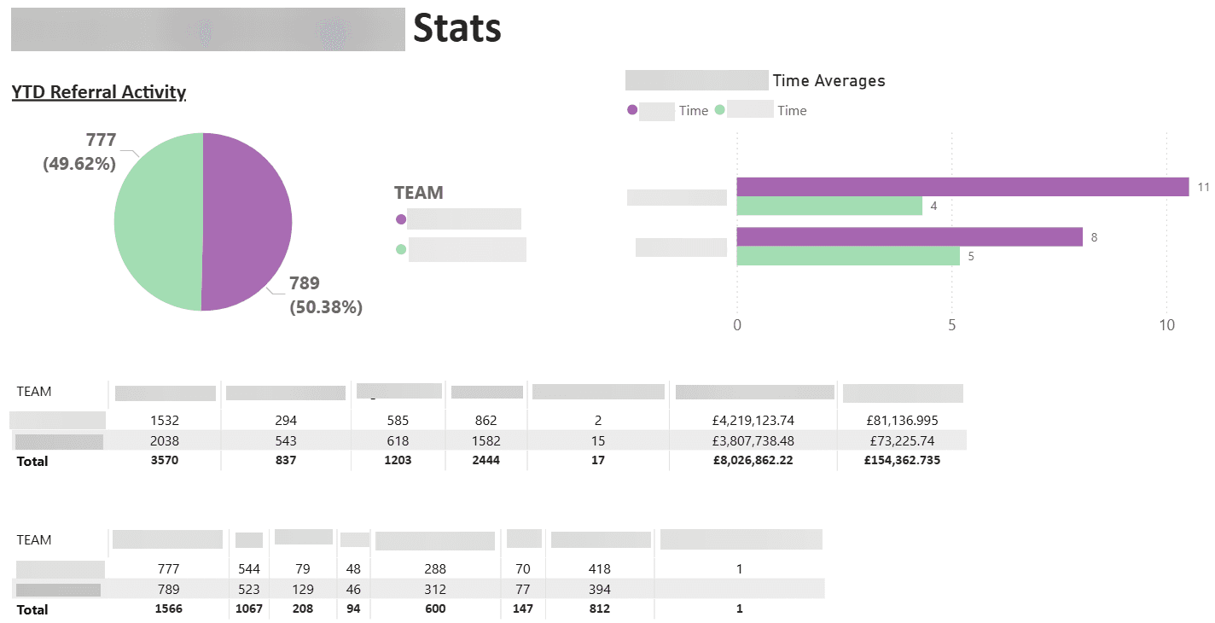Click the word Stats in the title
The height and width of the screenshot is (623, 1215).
coord(457,28)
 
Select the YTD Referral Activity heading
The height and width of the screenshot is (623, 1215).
coord(99,92)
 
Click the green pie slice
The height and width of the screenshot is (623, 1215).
coord(157,222)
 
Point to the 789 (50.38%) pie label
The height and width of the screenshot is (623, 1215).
coord(326,295)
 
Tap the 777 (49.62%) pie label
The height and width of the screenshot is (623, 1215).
coord(79,151)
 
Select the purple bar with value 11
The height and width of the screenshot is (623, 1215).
coord(962,187)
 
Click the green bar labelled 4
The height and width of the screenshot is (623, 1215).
coord(829,206)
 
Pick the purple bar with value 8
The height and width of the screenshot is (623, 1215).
coord(910,237)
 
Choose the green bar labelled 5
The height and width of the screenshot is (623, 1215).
coord(848,256)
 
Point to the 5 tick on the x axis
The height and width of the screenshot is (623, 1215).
coord(951,325)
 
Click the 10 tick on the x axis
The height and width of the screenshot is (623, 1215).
coord(1166,325)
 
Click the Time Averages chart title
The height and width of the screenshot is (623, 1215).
coord(828,81)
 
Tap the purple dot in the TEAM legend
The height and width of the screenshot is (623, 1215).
coord(401,219)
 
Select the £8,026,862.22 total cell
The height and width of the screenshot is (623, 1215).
coord(753,460)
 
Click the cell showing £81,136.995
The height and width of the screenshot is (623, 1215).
coord(903,420)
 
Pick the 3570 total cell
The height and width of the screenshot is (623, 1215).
coord(164,460)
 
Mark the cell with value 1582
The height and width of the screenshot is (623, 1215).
coord(486,440)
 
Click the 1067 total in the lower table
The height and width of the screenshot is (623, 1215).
coord(249,608)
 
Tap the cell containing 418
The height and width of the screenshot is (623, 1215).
coord(600,568)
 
